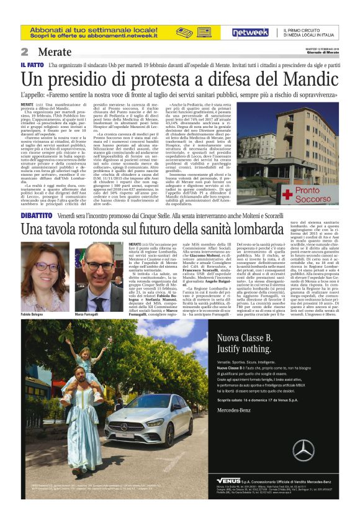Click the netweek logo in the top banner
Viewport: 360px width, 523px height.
pyautogui.click(x=251, y=32)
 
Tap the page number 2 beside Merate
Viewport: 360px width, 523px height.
pyautogui.click(x=25, y=52)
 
